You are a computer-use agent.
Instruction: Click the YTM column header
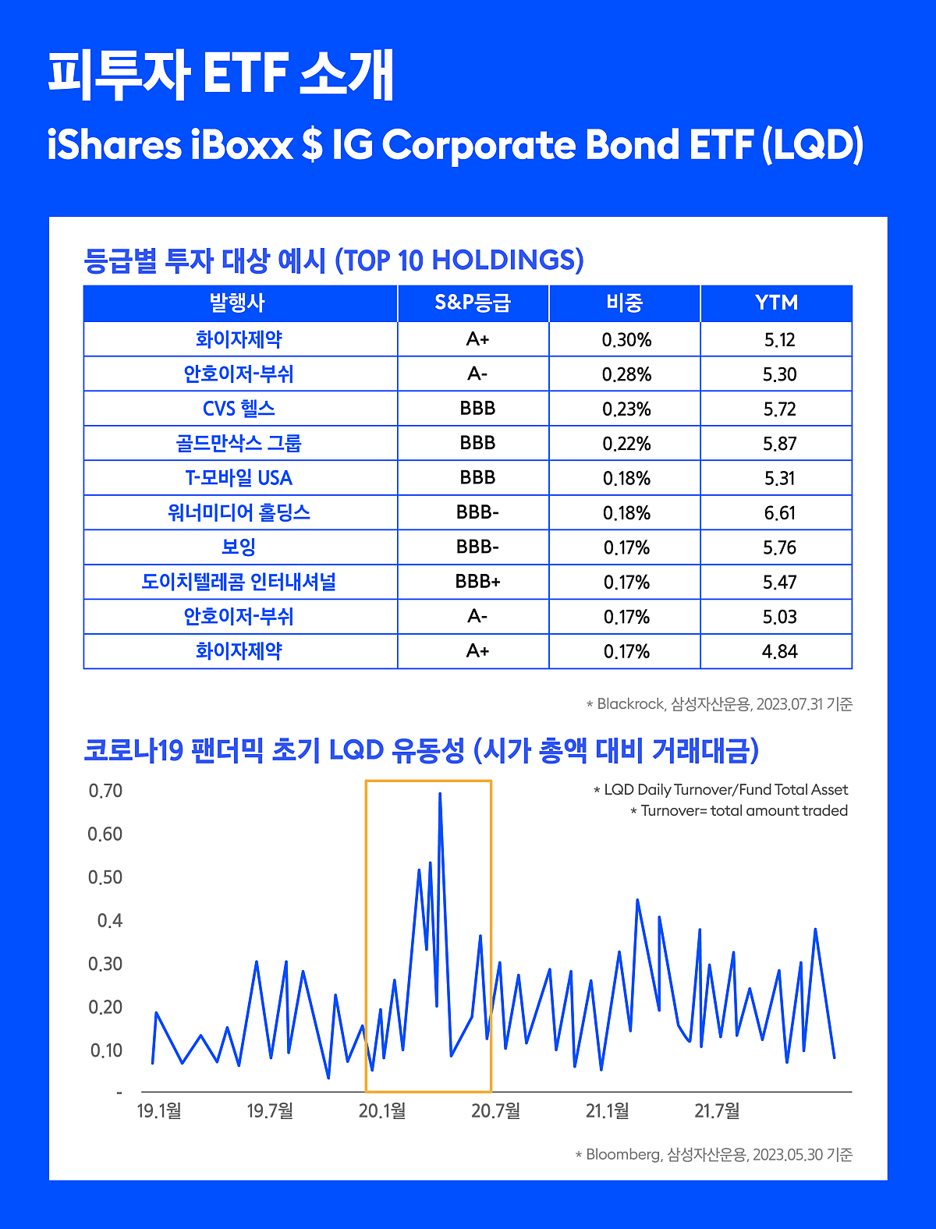pyautogui.click(x=776, y=303)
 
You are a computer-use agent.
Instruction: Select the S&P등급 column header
pyautogui.click(x=473, y=303)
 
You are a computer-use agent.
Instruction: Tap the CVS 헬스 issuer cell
pyautogui.click(x=239, y=409)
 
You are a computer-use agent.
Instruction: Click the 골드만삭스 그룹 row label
pyautogui.click(x=239, y=443)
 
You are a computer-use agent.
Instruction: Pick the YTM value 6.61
pyautogui.click(x=779, y=513)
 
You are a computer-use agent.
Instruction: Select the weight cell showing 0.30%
pyautogui.click(x=626, y=340)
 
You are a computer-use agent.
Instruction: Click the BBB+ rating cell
pyautogui.click(x=477, y=582)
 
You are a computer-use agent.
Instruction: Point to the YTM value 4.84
pyautogui.click(x=779, y=651)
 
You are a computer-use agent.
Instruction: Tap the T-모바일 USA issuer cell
pyautogui.click(x=239, y=478)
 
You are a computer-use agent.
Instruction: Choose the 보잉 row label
pyautogui.click(x=239, y=547)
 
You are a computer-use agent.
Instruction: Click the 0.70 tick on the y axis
pyautogui.click(x=105, y=791)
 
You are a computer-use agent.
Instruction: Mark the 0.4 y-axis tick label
pyautogui.click(x=109, y=921)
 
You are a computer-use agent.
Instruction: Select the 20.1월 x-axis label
pyautogui.click(x=382, y=1110)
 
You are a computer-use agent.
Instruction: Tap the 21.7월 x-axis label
pyautogui.click(x=717, y=1110)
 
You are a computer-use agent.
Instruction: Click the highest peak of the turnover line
pyautogui.click(x=440, y=794)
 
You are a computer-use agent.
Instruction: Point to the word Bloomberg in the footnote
pyautogui.click(x=623, y=1154)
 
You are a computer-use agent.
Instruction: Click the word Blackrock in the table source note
pyautogui.click(x=630, y=704)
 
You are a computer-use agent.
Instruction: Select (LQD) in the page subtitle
pyautogui.click(x=813, y=145)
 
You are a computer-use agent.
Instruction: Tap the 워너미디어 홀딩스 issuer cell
pyautogui.click(x=239, y=512)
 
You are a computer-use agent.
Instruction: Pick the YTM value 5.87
pyautogui.click(x=779, y=444)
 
